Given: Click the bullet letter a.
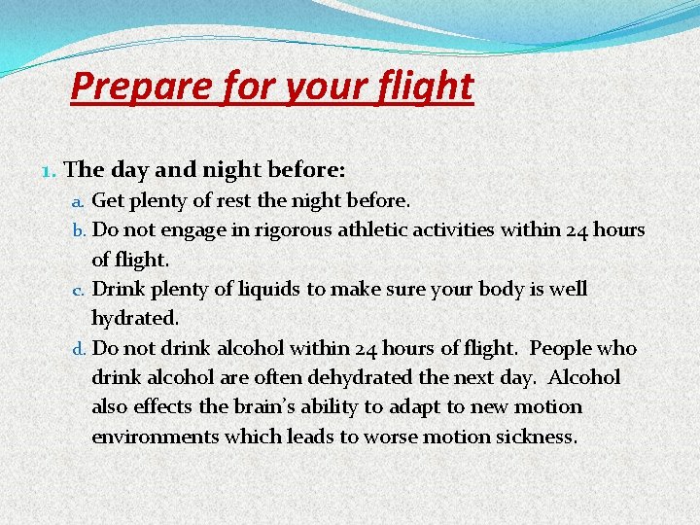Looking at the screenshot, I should pos(81,202).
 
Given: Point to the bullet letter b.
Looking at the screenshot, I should pos(81,231).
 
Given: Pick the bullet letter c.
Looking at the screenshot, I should pos(81,290).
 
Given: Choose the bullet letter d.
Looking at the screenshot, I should pos(81,348).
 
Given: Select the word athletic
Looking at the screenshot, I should pos(369,230).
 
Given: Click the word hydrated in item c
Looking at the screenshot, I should pos(134,318).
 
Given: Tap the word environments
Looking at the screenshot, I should pos(156,436).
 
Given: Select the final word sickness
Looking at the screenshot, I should pos(537,436).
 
